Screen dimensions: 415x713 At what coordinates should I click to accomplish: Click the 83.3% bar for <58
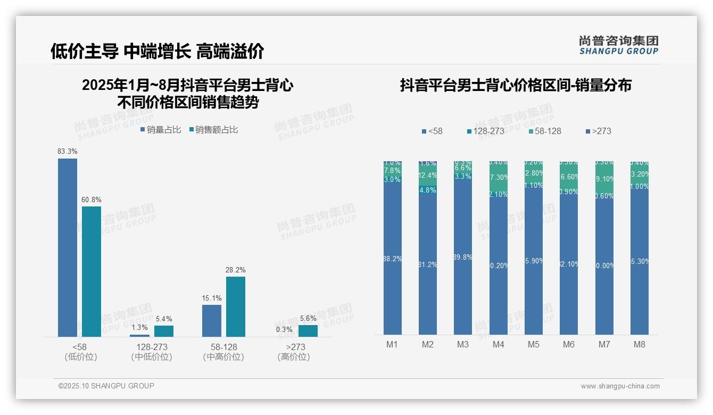68,247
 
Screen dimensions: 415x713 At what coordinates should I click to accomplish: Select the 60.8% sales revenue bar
92,271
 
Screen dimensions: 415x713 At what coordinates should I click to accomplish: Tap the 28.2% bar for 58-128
236,306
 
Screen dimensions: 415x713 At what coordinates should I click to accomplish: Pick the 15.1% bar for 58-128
212,320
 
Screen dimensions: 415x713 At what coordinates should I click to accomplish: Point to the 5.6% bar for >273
308,330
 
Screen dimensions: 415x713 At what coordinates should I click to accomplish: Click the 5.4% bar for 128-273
164,331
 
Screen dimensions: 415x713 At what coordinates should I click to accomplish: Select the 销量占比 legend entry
161,129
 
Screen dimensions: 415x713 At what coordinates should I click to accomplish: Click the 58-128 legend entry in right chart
545,131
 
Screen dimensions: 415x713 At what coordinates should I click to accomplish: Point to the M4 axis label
498,344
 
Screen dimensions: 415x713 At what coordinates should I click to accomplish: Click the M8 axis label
639,344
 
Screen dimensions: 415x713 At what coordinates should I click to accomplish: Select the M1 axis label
392,344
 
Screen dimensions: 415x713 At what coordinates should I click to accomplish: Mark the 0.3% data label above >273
284,329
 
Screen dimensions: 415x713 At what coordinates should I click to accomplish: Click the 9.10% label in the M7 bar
604,179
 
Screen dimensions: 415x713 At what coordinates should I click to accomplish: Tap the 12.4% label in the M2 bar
428,175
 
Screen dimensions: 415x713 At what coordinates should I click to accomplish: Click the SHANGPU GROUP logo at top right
619,45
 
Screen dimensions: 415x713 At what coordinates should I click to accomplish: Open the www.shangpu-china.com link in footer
620,386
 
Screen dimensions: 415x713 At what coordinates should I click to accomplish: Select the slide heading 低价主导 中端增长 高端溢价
157,51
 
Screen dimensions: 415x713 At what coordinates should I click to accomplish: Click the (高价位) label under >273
293,357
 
